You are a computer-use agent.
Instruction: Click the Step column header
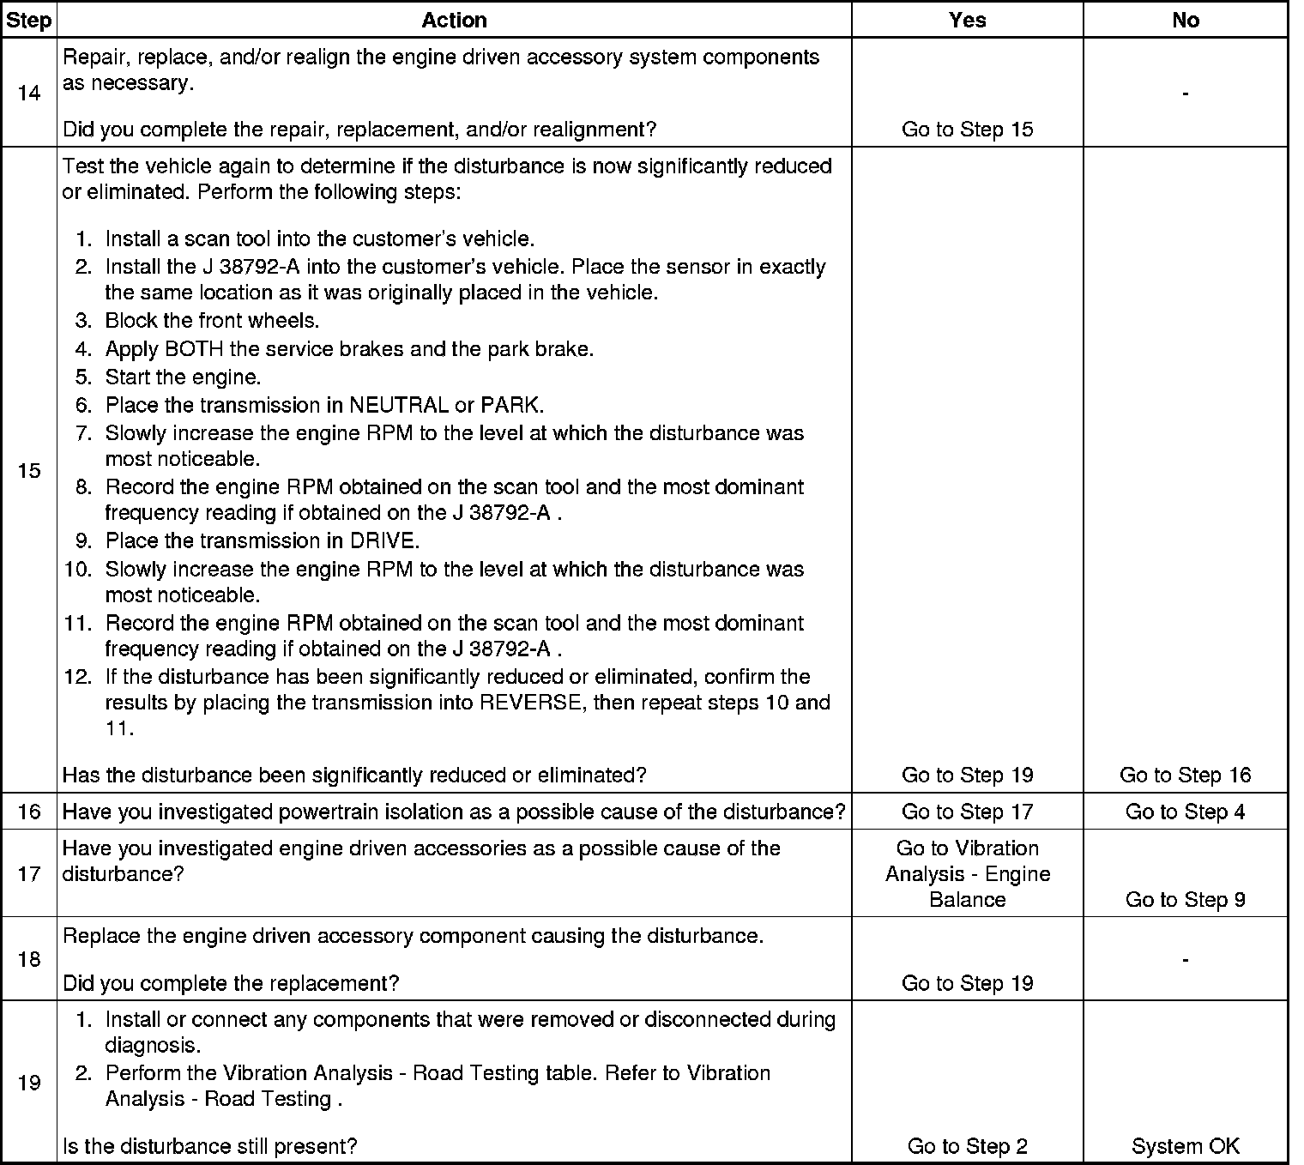click(x=28, y=21)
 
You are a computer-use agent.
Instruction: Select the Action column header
click(x=454, y=21)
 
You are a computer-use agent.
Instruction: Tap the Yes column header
click(x=967, y=21)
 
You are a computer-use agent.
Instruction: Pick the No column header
click(x=1185, y=21)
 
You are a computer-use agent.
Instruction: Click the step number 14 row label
click(x=28, y=93)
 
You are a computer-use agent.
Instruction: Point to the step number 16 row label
click(x=28, y=812)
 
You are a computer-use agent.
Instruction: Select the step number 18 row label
click(x=28, y=959)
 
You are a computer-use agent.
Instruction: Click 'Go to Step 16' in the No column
click(x=1185, y=776)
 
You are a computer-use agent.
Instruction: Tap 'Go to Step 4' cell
click(x=1185, y=812)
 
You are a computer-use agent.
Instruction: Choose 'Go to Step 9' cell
click(x=1185, y=899)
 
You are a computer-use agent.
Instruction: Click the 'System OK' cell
click(x=1185, y=1146)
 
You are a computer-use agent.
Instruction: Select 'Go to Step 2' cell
click(x=967, y=1146)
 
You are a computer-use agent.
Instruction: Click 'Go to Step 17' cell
click(x=967, y=812)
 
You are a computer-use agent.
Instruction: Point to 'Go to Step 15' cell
click(x=967, y=130)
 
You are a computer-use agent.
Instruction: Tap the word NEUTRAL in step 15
click(x=398, y=405)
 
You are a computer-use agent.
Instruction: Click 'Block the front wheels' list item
click(x=212, y=321)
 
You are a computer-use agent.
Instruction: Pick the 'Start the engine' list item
click(x=183, y=377)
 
